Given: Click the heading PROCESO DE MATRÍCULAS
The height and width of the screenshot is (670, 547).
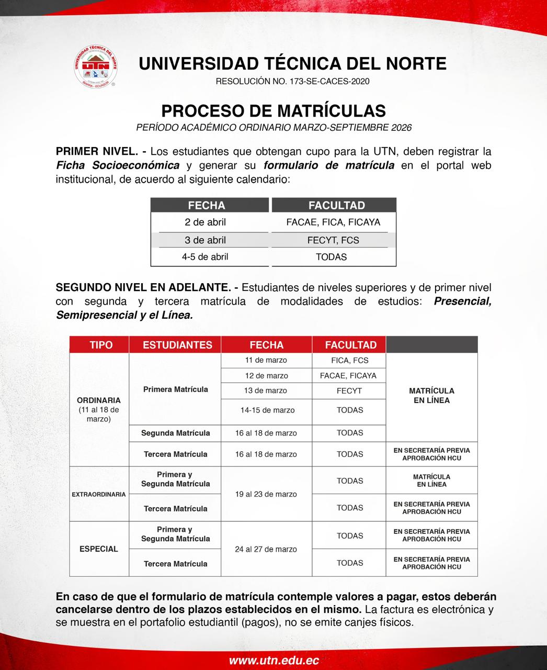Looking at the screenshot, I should click(273, 111).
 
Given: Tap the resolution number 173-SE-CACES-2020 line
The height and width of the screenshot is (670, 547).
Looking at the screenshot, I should click(292, 81).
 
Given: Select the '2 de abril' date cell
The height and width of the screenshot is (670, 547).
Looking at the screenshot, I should click(205, 222).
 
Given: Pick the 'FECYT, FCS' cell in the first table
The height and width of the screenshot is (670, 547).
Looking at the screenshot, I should click(333, 240).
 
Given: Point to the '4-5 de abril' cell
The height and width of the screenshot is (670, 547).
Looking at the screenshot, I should click(205, 257).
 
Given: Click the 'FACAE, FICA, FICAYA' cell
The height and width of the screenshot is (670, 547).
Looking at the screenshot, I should click(333, 222).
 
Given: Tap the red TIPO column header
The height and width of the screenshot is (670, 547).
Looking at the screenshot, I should click(101, 345).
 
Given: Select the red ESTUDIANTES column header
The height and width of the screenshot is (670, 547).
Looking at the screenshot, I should click(177, 345).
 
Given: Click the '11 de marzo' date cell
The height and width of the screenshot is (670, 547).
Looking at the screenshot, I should click(266, 360).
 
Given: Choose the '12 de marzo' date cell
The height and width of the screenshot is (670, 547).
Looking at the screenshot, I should click(266, 375).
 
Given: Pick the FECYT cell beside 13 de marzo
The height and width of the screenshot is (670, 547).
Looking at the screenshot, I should click(349, 390).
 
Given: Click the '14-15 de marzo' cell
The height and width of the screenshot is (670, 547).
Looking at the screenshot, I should click(266, 410).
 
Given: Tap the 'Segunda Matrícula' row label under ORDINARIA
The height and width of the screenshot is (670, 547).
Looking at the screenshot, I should click(175, 433).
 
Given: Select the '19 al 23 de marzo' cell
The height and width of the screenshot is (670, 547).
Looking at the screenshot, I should click(266, 494).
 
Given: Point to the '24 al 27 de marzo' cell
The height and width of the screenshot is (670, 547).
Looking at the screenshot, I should click(266, 549).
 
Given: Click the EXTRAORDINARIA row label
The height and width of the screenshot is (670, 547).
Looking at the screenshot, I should click(99, 494).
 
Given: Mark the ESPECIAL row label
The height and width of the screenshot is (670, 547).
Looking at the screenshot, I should click(99, 549).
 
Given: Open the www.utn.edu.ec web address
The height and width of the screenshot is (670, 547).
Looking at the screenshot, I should click(273, 661).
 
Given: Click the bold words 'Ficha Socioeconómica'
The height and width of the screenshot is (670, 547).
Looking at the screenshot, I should click(118, 166).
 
